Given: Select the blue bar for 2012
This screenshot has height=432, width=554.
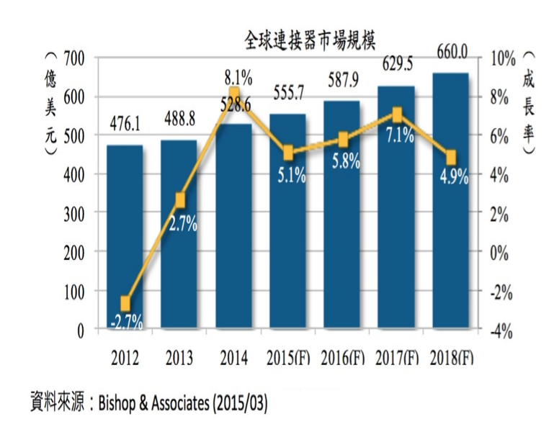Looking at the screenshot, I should click(x=125, y=238).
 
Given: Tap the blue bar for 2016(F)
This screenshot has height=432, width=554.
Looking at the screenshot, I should click(x=341, y=216).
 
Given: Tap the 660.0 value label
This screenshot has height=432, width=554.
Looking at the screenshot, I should click(x=452, y=53).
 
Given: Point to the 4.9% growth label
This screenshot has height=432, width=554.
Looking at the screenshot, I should click(x=452, y=174).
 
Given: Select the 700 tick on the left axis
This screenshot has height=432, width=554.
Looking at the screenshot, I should click(x=73, y=58).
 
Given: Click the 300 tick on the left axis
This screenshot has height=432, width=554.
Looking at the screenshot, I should click(x=73, y=214).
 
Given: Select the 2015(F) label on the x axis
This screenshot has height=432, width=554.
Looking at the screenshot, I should click(x=287, y=356).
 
